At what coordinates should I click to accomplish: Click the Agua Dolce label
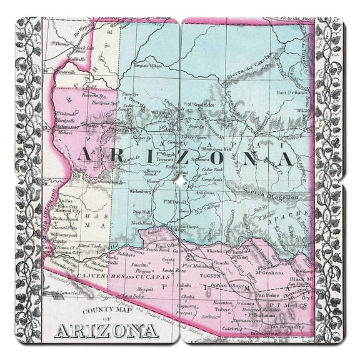131,296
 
